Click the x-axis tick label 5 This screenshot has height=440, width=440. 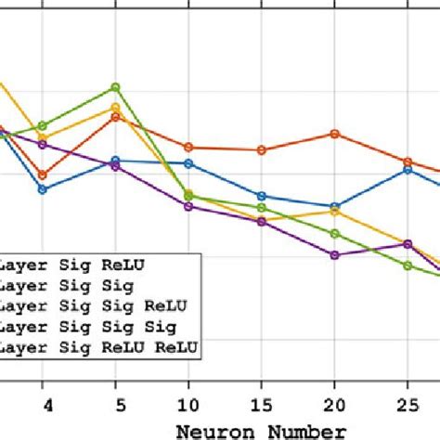pyautogui.click(x=115, y=405)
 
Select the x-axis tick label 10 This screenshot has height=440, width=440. pyautogui.click(x=188, y=405)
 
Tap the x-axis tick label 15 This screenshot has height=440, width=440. pyautogui.click(x=262, y=405)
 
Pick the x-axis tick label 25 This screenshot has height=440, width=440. pyautogui.click(x=408, y=405)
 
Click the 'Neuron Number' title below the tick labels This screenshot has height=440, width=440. pyautogui.click(x=265, y=429)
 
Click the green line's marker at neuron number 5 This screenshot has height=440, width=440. pyautogui.click(x=115, y=87)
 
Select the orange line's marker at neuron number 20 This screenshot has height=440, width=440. pyautogui.click(x=334, y=134)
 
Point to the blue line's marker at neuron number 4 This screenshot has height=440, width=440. pyautogui.click(x=42, y=188)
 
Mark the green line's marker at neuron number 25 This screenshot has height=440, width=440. pyautogui.click(x=408, y=265)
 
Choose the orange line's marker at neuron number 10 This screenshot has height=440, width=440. pyautogui.click(x=188, y=148)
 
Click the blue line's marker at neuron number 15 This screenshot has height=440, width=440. pyautogui.click(x=262, y=196)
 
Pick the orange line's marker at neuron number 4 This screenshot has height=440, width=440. pyautogui.click(x=42, y=175)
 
